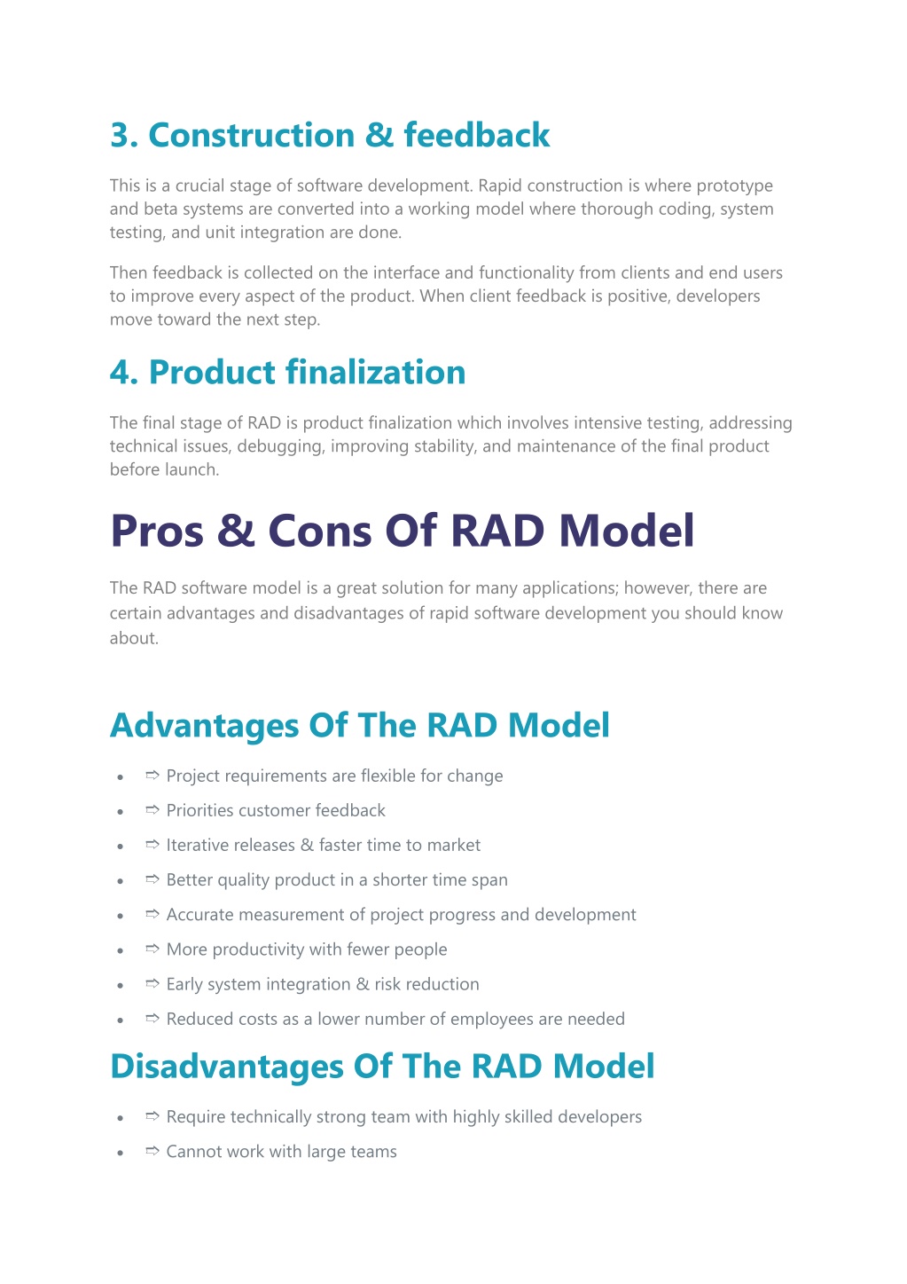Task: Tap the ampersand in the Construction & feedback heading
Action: [379, 135]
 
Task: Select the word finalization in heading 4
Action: [375, 372]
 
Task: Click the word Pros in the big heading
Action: [157, 531]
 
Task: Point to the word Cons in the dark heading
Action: [320, 531]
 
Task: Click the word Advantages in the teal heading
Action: [204, 725]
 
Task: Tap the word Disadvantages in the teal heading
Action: [227, 1067]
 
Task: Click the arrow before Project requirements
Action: [152, 775]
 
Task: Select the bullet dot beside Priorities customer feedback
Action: [121, 812]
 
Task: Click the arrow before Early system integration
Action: [152, 984]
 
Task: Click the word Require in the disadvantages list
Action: [196, 1116]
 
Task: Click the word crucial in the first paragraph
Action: [201, 185]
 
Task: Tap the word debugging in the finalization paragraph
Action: [281, 446]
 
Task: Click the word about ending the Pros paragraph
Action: [134, 638]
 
